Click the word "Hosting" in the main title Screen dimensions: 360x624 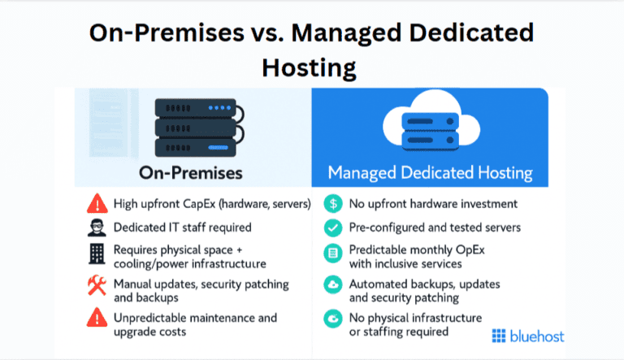click(310, 66)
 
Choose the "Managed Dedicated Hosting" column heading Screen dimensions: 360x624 click(430, 173)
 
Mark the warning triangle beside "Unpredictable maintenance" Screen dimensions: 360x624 click(97, 319)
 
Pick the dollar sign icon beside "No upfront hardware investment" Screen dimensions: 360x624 click(332, 204)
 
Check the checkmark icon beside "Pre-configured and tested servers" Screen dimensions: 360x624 click(332, 228)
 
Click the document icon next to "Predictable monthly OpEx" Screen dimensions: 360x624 click(332, 254)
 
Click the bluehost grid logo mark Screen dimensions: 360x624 click(499, 336)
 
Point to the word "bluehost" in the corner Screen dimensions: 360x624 click(537, 336)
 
